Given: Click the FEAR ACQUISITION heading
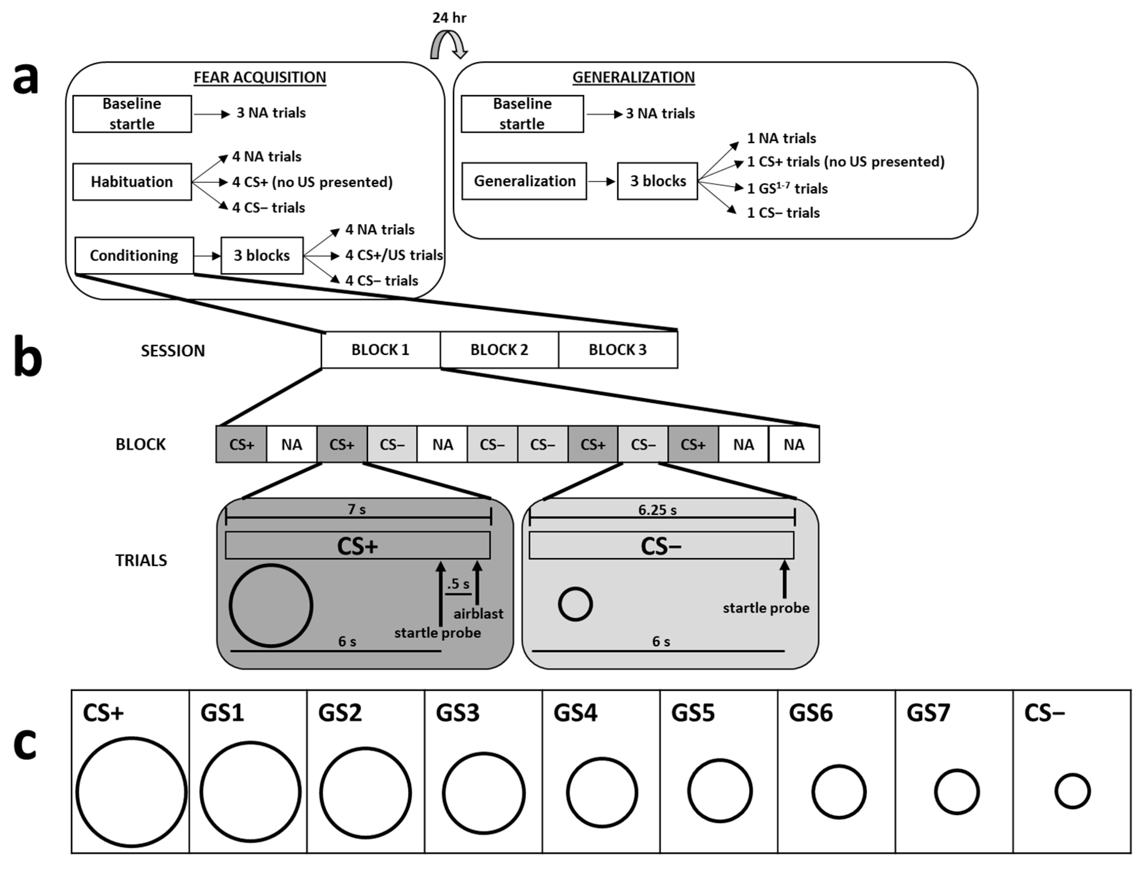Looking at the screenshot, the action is point(260,77).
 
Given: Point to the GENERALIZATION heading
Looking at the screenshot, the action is point(634,77).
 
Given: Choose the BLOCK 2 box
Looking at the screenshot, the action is point(499,350).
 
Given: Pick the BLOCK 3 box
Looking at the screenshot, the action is point(618,350).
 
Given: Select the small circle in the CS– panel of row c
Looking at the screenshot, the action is point(1072,775).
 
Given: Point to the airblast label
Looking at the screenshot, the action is point(478,613).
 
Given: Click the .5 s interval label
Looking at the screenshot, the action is point(458,584).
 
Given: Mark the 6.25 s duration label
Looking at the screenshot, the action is point(657,510).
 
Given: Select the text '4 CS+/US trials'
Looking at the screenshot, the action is point(394,255).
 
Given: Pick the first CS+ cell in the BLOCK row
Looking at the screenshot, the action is point(241,444).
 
